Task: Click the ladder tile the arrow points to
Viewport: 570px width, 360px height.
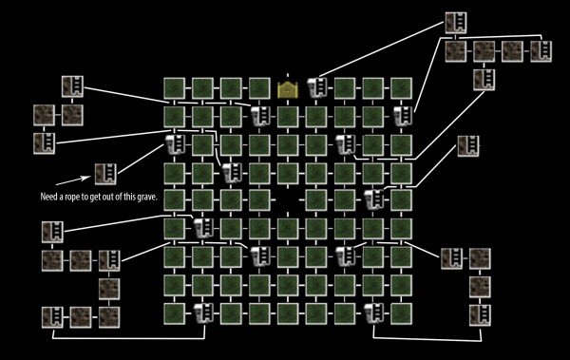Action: [x=104, y=174]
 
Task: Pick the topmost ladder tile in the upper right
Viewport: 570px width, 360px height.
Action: [x=456, y=21]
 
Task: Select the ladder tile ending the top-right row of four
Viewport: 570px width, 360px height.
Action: [x=541, y=50]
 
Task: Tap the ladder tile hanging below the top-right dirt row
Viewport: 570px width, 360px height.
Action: [x=484, y=79]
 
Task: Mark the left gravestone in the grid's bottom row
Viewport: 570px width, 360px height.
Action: [x=202, y=313]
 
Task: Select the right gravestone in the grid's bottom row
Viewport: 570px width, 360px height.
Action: [x=372, y=313]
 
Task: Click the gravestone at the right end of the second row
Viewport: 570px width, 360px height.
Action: [x=402, y=117]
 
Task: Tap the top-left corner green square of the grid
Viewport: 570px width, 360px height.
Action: [x=174, y=89]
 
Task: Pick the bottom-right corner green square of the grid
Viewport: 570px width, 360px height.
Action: [x=402, y=313]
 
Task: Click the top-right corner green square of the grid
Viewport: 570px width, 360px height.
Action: [x=402, y=89]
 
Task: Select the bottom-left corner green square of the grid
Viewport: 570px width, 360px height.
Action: [x=174, y=313]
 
